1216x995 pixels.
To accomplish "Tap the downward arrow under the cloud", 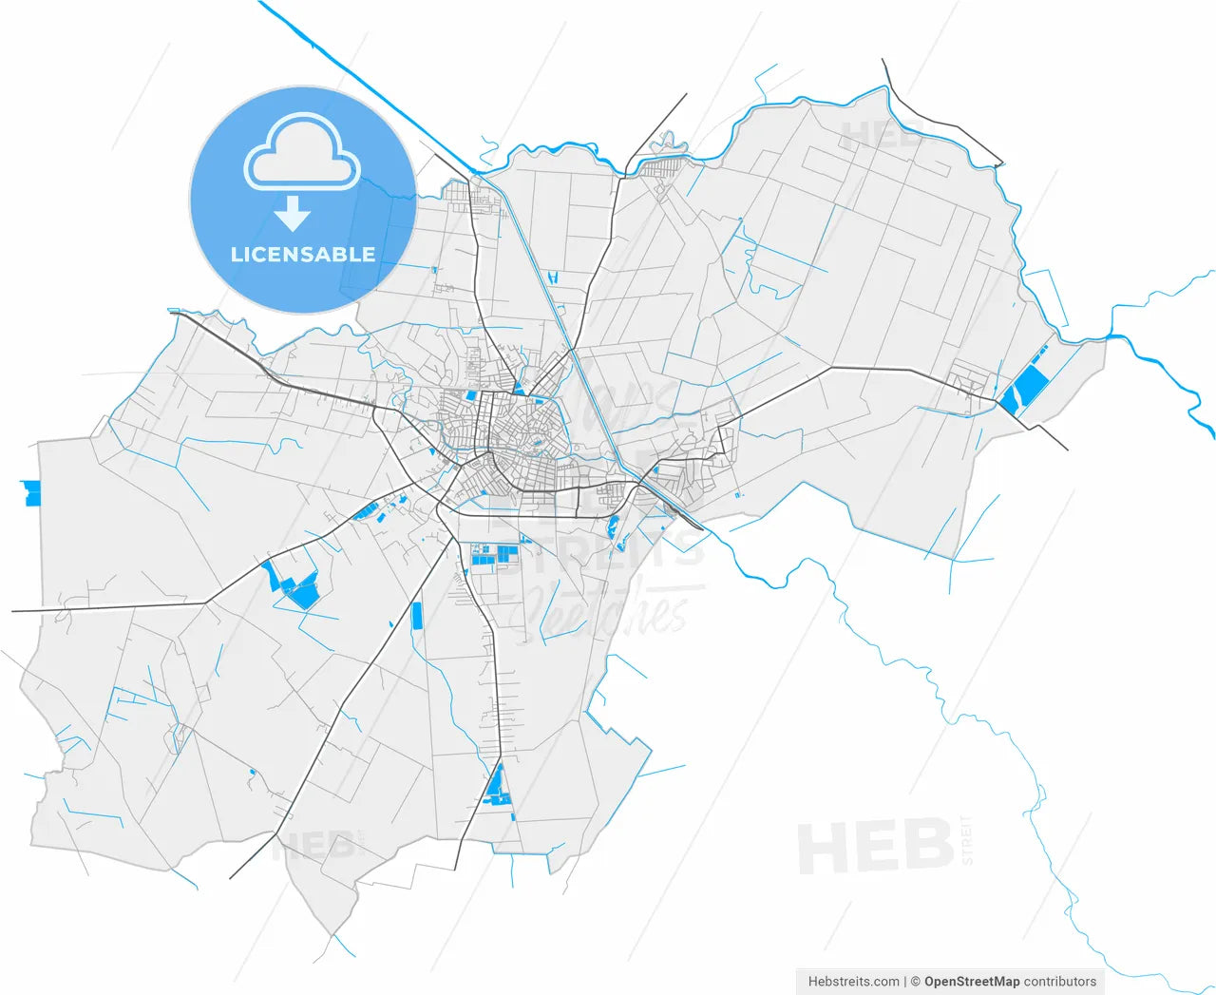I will click(x=293, y=215).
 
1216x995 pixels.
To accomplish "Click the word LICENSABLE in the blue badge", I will click(x=303, y=255).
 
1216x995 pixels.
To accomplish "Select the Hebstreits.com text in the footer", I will click(x=853, y=982).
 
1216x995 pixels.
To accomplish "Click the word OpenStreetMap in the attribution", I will click(x=972, y=982).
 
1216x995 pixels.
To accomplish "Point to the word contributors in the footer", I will click(x=1060, y=982).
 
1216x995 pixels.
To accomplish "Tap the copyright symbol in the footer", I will click(x=915, y=982).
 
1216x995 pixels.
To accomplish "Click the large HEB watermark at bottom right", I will click(x=874, y=846).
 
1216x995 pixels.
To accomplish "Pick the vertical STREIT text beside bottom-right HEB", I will click(x=967, y=840).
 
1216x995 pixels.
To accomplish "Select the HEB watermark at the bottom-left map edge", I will click(x=313, y=843).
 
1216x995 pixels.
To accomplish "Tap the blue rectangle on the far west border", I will click(x=32, y=492).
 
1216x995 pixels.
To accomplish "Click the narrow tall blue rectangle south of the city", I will click(x=416, y=616).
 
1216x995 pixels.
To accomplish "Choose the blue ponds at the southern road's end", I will click(x=495, y=788).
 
